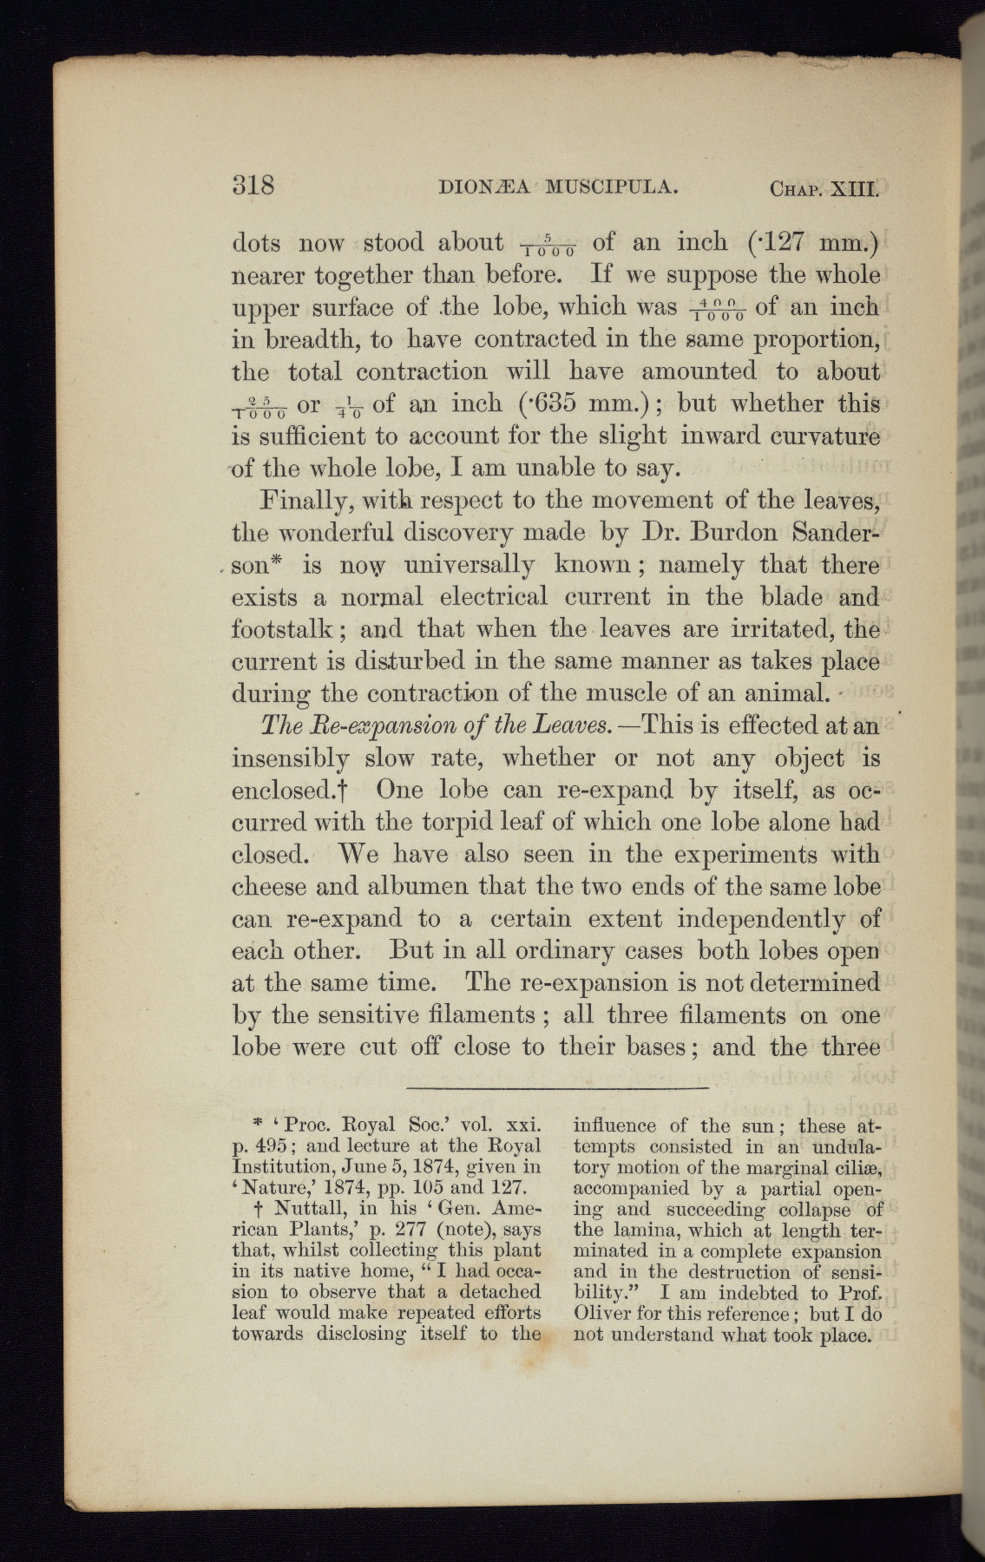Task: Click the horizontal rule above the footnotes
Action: [556, 1086]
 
